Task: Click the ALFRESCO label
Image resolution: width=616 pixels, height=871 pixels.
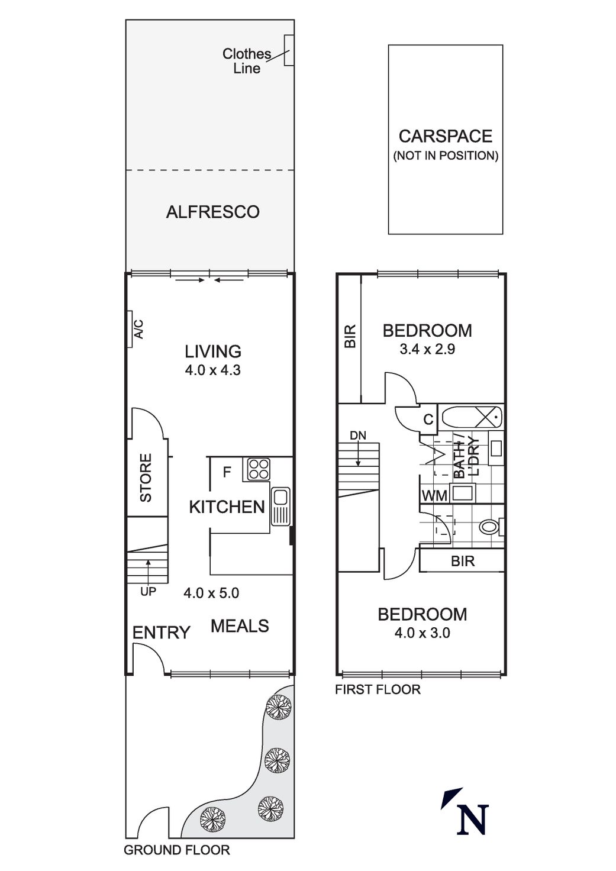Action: tap(212, 212)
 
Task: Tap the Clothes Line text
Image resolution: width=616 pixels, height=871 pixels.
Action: tap(246, 61)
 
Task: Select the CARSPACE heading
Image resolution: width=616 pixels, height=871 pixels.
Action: tap(445, 136)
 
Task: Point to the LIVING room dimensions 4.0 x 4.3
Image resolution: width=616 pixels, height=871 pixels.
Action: tap(212, 371)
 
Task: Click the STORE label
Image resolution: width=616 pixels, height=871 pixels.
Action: tap(146, 478)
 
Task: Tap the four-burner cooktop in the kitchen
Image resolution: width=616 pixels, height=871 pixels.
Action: tap(258, 469)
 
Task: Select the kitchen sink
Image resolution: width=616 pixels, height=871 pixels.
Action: tap(280, 506)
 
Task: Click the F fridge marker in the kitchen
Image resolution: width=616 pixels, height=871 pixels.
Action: tap(226, 473)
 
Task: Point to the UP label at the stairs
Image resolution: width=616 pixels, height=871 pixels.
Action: tap(148, 591)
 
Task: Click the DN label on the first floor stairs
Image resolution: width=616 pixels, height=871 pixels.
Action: tap(358, 435)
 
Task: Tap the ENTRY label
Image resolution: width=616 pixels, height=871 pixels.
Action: tap(161, 633)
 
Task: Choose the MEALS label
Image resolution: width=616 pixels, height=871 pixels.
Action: tap(240, 626)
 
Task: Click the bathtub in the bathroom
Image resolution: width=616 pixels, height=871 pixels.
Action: tap(472, 418)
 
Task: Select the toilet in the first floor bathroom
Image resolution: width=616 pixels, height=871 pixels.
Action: tap(491, 526)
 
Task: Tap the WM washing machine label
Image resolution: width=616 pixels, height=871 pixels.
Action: tap(435, 496)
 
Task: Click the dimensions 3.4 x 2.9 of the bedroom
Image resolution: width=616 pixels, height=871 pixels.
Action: tap(427, 349)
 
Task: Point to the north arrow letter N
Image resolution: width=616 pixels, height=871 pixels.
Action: tap(473, 819)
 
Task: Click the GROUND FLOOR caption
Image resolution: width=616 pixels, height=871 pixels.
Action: tap(176, 850)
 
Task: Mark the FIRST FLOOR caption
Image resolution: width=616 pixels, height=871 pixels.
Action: tap(378, 689)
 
